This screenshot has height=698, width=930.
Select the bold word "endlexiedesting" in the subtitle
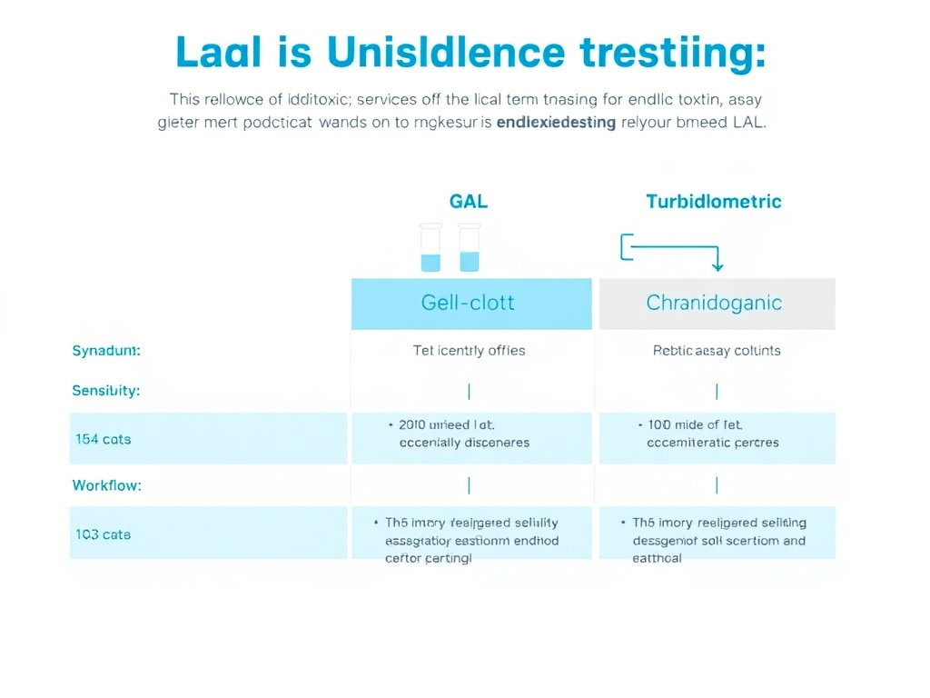556,123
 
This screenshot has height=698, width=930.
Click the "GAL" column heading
469,201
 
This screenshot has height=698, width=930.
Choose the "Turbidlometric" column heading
713,201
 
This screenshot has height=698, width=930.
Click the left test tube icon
430,248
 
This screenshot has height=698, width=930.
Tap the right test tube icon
469,248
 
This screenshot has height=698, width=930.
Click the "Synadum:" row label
106,350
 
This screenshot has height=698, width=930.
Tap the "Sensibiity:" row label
106,391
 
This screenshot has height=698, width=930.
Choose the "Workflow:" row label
106,485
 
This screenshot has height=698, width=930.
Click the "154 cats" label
104,439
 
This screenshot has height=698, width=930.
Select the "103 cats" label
104,534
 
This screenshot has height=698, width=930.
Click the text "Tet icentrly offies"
469,350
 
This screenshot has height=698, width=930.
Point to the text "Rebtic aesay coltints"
717,350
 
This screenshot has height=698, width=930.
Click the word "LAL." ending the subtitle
746,123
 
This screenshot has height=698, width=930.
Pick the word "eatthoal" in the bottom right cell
657,558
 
